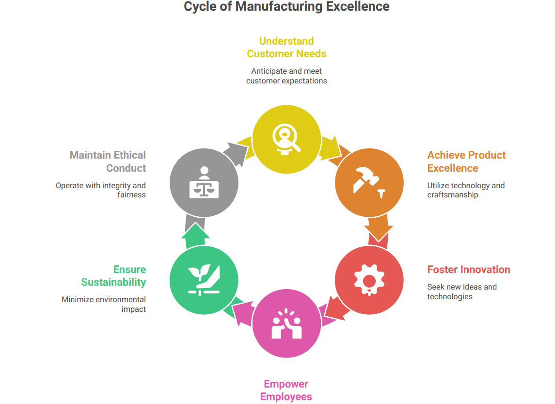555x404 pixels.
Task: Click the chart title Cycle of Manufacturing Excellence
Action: pyautogui.click(x=286, y=7)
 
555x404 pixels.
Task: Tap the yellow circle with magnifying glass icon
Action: pyautogui.click(x=286, y=138)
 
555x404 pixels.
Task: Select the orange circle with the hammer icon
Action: pyautogui.click(x=369, y=182)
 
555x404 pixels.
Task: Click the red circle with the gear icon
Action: pyautogui.click(x=369, y=280)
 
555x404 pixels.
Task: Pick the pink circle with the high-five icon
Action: pyautogui.click(x=286, y=323)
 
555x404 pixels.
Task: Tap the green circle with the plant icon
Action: pyautogui.click(x=204, y=280)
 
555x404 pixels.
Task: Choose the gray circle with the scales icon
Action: pyautogui.click(x=204, y=182)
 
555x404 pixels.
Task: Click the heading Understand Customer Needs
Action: pyautogui.click(x=286, y=47)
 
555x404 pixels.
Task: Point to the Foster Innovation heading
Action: pyautogui.click(x=469, y=270)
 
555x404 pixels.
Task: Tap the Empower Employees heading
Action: pyautogui.click(x=286, y=390)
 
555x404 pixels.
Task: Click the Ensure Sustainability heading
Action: pyautogui.click(x=113, y=275)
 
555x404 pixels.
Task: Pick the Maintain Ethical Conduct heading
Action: pyautogui.click(x=108, y=162)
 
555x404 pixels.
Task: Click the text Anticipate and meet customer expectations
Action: pyautogui.click(x=286, y=76)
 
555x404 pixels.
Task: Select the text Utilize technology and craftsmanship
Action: pyautogui.click(x=466, y=190)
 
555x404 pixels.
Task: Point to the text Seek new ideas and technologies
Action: pyautogui.click(x=462, y=291)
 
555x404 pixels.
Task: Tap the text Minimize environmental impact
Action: pyautogui.click(x=104, y=304)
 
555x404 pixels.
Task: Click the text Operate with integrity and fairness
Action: pyautogui.click(x=101, y=190)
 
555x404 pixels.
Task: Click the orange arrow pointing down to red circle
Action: pyautogui.click(x=378, y=228)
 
